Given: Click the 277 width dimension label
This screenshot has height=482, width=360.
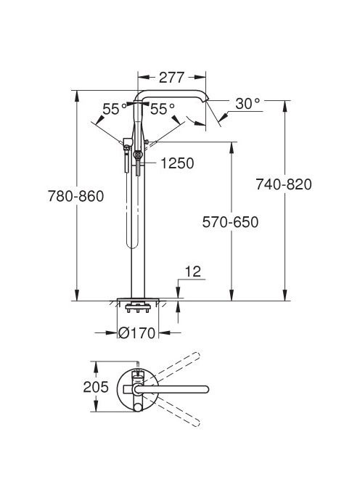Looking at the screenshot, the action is [x=171, y=78].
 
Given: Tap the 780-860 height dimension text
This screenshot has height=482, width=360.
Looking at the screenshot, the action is [x=75, y=196].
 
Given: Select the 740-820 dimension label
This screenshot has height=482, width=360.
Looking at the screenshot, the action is [x=284, y=184].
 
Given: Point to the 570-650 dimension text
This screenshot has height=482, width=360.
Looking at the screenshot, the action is [x=230, y=222].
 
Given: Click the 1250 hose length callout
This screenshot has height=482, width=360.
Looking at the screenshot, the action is [x=177, y=163].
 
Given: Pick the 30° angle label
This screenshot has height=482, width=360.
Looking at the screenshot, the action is [x=247, y=104].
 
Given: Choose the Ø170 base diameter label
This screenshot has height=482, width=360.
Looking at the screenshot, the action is [x=136, y=332].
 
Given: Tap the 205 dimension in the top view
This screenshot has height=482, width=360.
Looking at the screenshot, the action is [x=96, y=387].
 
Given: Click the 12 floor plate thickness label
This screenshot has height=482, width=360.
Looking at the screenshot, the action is [x=193, y=271].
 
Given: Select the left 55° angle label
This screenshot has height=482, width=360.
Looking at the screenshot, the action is [x=115, y=109].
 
